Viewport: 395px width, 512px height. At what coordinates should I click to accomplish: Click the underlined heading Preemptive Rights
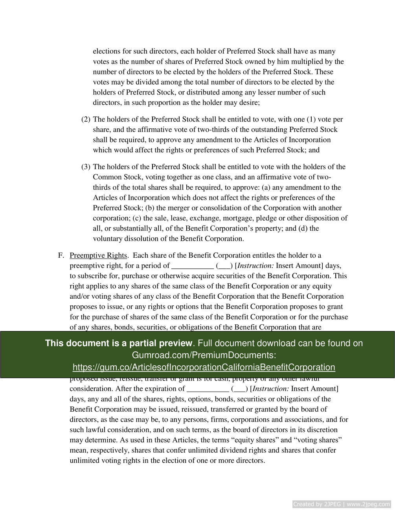click(98, 255)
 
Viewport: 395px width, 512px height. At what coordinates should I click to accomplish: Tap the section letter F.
click(61, 255)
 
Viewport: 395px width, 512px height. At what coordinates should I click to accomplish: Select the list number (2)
click(86, 119)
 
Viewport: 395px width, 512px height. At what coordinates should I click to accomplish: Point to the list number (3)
click(86, 167)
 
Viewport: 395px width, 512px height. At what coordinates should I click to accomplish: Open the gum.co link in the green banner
click(204, 368)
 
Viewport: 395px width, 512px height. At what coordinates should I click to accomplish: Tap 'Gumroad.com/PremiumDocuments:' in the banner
click(204, 355)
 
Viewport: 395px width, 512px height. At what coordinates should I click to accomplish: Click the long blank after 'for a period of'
click(193, 266)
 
